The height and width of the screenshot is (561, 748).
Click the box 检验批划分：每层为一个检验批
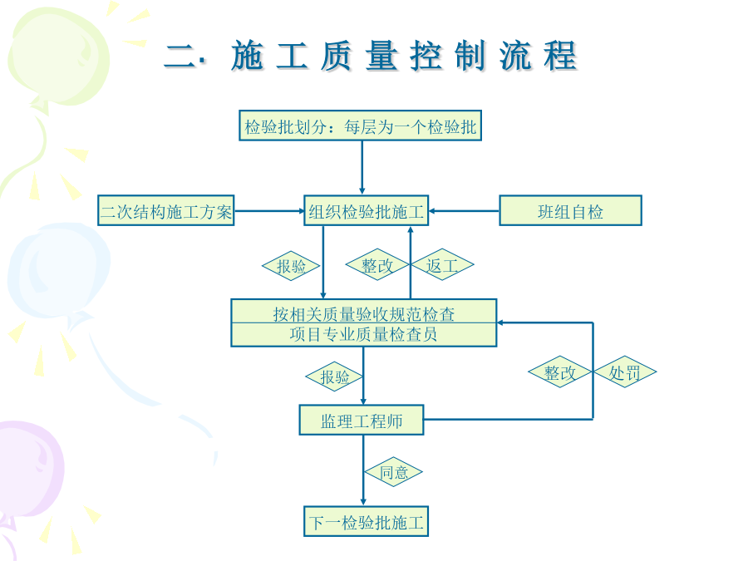360,125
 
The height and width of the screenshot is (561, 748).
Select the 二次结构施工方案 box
166,210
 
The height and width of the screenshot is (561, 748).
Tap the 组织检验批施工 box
367,210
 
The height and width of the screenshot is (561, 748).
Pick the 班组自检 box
570,210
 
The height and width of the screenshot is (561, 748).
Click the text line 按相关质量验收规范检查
363,314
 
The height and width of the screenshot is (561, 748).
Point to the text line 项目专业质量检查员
363,334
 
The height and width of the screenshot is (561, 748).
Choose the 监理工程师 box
362,420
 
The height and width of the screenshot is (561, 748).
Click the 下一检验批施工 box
367,521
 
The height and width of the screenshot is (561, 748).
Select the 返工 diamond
442,264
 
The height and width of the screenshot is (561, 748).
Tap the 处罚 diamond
625,372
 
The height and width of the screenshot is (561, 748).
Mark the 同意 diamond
394,472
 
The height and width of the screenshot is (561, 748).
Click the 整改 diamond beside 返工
377,264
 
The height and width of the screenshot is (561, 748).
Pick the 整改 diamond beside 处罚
560,372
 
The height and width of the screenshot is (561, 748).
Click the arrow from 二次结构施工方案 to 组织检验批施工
269,210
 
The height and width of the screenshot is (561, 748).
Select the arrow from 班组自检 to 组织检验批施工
464,210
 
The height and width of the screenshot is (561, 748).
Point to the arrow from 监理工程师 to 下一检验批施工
363,470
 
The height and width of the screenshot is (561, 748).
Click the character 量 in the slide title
381,56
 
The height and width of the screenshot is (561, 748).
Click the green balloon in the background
58,57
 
